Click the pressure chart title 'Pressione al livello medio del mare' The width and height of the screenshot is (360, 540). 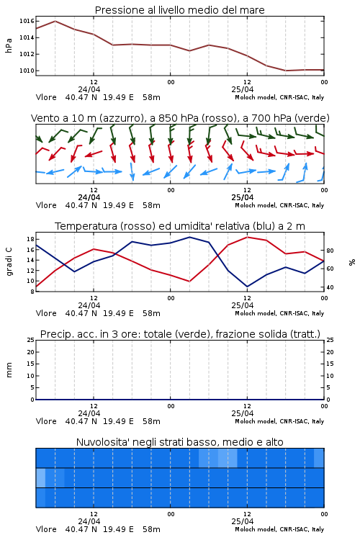click(179, 10)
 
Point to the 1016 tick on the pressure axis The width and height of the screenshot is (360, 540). click(27, 21)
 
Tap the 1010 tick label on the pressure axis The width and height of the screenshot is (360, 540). click(27, 71)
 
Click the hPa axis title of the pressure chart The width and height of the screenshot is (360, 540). click(9, 45)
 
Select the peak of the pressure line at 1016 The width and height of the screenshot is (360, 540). click(55, 21)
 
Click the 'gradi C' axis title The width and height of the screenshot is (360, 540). click(9, 262)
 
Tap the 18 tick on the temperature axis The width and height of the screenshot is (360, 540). click(30, 239)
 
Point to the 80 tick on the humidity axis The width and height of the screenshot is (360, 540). click(330, 251)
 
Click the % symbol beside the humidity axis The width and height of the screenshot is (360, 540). click(352, 262)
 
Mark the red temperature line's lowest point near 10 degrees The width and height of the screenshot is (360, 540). click(189, 282)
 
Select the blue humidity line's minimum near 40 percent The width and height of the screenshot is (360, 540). click(247, 287)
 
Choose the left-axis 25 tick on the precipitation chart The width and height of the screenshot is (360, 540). click(30, 340)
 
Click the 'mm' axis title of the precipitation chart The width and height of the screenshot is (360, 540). click(9, 370)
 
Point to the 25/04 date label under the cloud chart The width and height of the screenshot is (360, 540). click(243, 521)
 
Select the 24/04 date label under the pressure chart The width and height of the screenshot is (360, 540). click(89, 89)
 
